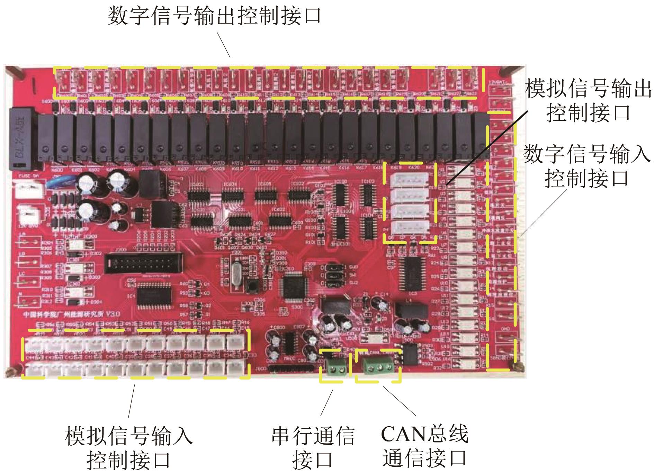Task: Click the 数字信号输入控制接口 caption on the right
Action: tap(586, 166)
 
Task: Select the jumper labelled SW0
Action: tap(334, 268)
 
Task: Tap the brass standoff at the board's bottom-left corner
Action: tap(10, 373)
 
